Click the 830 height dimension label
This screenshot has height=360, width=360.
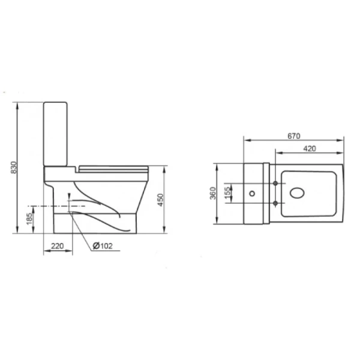click(14, 167)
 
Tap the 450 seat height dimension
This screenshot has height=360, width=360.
click(160, 200)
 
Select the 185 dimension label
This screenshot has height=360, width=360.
click(29, 219)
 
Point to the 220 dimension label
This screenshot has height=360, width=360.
click(57, 246)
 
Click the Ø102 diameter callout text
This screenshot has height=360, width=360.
click(103, 246)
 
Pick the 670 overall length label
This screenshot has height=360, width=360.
click(294, 136)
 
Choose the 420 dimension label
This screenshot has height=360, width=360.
click(310, 149)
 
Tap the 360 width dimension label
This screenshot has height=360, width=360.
click(213, 193)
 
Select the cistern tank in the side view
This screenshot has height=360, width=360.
click(55, 134)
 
